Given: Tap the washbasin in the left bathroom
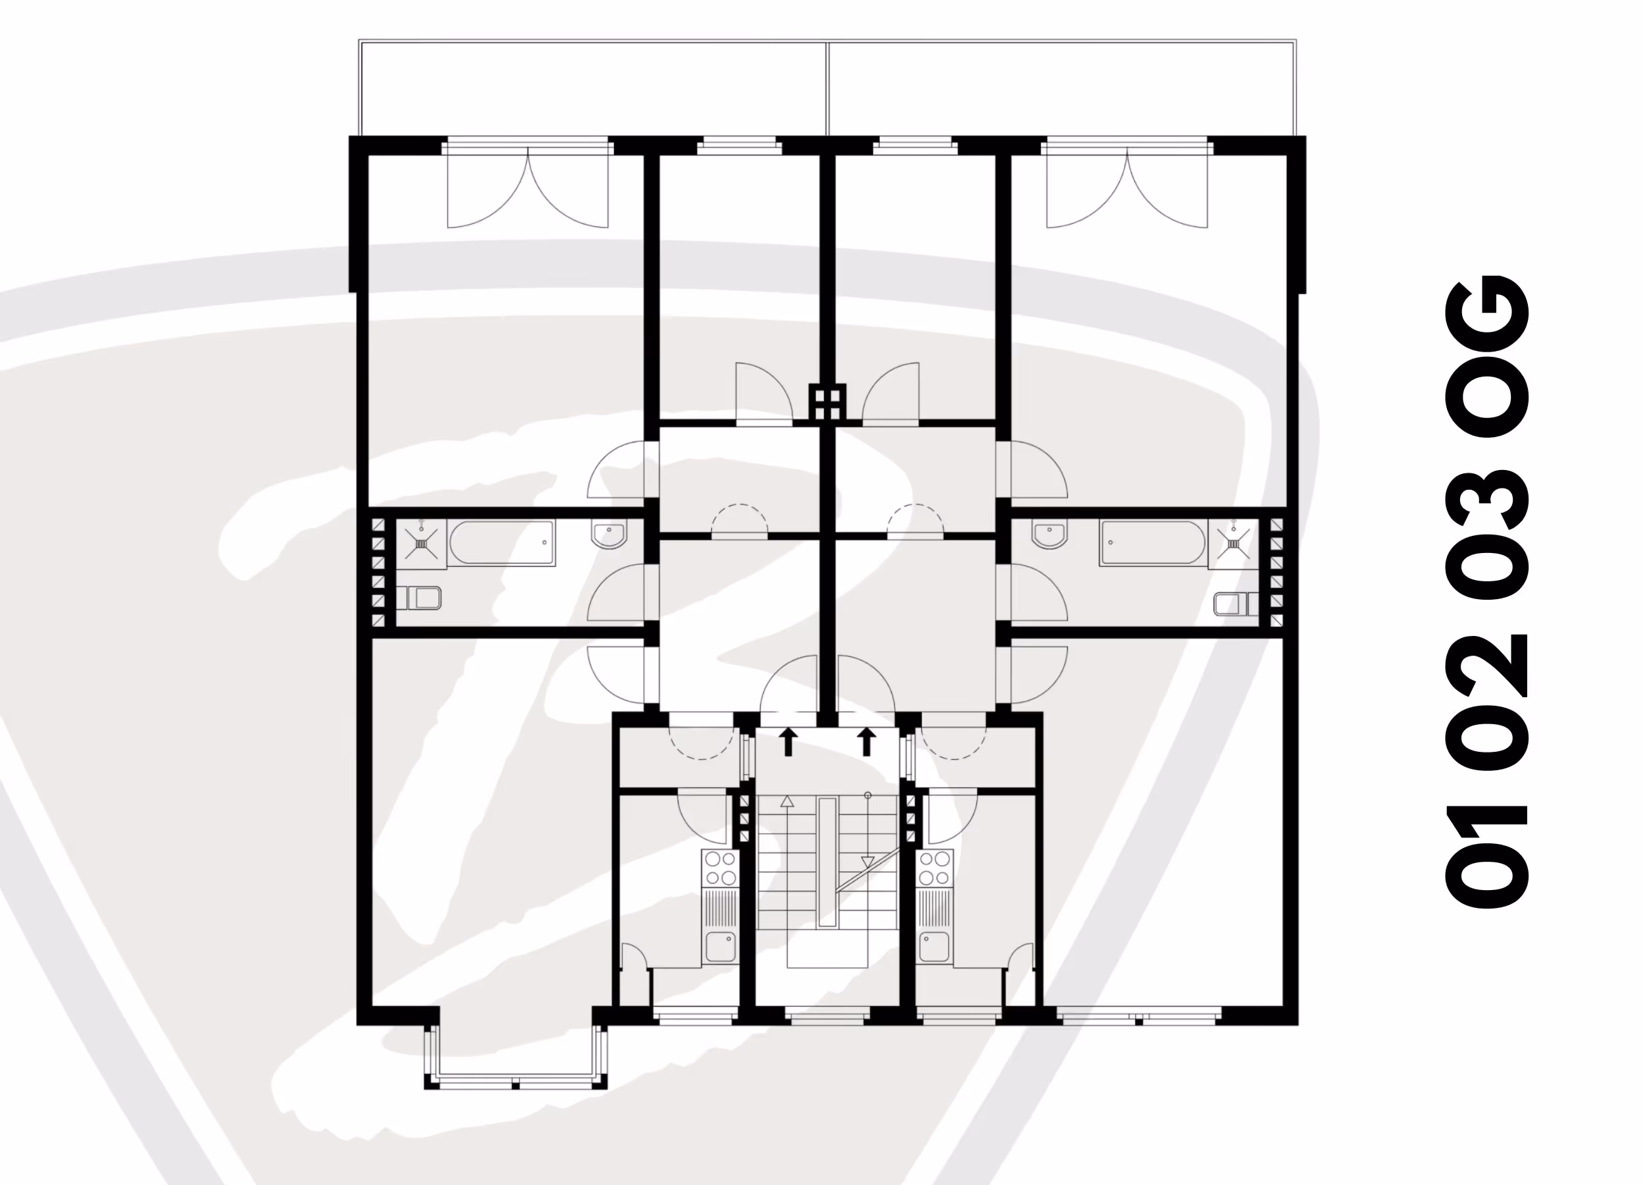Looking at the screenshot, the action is (609, 535).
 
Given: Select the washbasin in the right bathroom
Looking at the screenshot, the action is (1050, 535).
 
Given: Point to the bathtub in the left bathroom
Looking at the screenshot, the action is (502, 542).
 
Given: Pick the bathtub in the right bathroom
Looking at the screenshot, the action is (1153, 542).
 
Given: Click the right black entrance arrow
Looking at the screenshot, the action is (866, 743).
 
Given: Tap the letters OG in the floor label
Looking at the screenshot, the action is (1487, 355).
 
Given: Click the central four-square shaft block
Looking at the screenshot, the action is (828, 402).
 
